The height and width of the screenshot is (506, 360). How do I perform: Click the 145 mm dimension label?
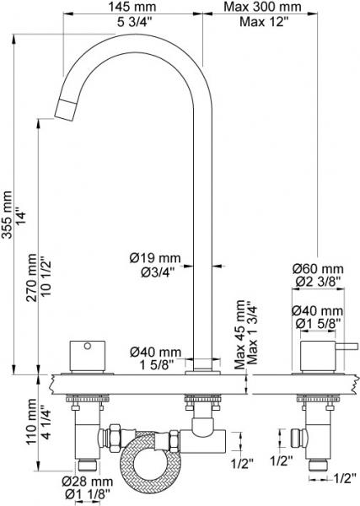(132, 7)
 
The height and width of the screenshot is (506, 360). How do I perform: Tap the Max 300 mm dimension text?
(263, 7)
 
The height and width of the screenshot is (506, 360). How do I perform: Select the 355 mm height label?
(7, 214)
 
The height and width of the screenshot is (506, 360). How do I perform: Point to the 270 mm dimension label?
(31, 277)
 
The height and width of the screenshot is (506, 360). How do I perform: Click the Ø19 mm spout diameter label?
(155, 258)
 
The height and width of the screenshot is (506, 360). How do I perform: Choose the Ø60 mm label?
(318, 268)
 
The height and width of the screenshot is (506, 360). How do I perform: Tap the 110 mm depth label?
(31, 422)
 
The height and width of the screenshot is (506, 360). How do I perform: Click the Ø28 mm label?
(88, 482)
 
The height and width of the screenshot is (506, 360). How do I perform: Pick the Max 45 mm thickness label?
(239, 335)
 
